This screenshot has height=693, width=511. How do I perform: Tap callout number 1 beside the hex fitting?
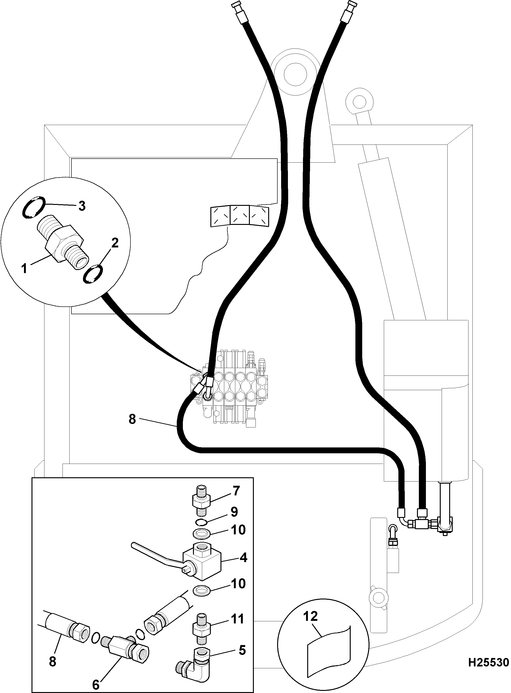24,268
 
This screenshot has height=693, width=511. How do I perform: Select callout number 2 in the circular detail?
115,243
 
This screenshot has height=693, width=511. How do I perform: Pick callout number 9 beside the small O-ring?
234,512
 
